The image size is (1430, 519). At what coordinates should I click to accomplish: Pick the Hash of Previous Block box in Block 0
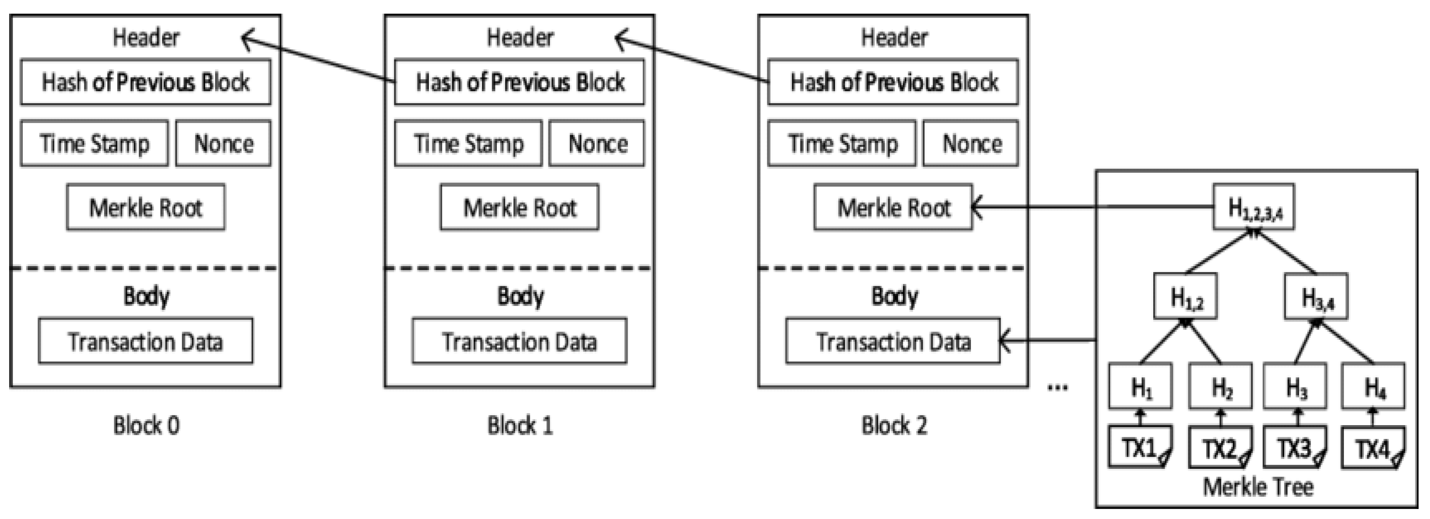(x=145, y=82)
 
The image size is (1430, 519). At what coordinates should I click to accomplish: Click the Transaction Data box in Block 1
(x=519, y=341)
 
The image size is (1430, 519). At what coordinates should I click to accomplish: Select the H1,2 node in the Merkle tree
(x=1185, y=297)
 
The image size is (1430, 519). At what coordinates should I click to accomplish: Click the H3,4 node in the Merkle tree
(x=1316, y=297)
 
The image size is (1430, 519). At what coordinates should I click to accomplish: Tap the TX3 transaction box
(x=1295, y=447)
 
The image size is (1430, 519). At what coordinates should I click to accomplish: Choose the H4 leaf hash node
(x=1373, y=387)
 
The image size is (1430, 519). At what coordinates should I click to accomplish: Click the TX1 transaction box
(x=1140, y=447)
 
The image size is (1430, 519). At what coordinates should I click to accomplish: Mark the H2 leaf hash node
(x=1220, y=387)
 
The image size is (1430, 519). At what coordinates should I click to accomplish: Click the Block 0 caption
(x=146, y=426)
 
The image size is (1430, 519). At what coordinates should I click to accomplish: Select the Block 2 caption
(x=894, y=426)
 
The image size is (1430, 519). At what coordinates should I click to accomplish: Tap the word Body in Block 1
(x=520, y=296)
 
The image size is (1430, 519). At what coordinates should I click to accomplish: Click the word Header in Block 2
(x=894, y=38)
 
